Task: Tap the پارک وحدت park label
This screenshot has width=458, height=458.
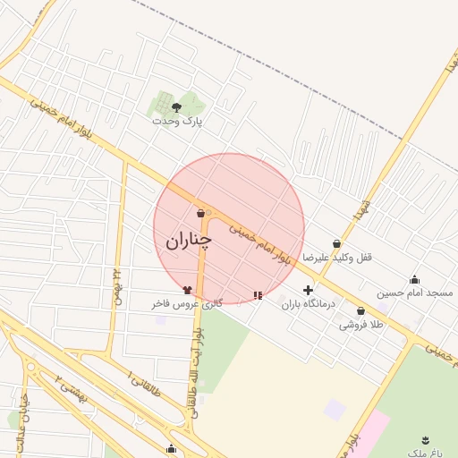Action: [177, 120]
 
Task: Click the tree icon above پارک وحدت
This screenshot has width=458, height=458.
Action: [176, 106]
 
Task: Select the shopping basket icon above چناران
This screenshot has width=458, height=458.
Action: [200, 213]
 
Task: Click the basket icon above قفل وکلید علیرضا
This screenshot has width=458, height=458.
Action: [336, 243]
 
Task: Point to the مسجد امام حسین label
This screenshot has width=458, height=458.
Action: [414, 293]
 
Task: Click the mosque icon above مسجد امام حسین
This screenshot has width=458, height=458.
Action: [413, 279]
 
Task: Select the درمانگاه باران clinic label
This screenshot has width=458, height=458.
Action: [308, 304]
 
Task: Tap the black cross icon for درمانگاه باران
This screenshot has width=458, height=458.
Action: [309, 290]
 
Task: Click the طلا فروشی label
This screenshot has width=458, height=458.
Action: [360, 325]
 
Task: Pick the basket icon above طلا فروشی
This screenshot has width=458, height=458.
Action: [360, 311]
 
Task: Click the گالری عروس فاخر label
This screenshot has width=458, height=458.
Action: [186, 304]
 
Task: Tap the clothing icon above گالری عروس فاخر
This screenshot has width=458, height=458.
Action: [187, 290]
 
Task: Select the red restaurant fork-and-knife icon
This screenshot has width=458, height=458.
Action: [259, 294]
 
